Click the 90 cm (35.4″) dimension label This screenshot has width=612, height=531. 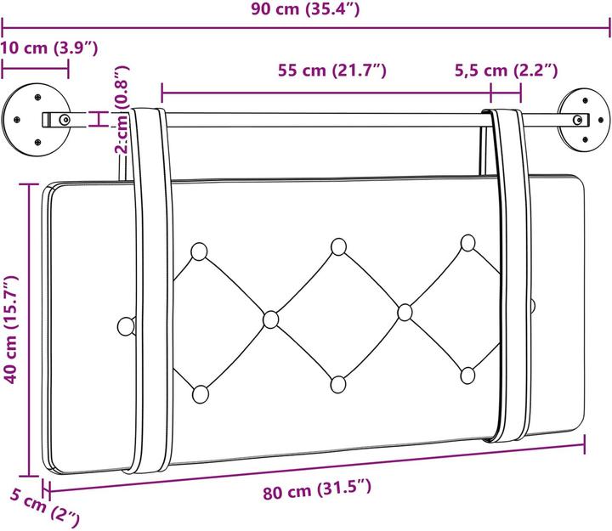pyautogui.click(x=305, y=9)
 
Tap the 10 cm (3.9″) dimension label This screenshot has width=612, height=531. pyautogui.click(x=48, y=48)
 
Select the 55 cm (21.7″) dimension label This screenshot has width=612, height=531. pyautogui.click(x=332, y=71)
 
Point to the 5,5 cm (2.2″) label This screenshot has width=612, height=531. pyautogui.click(x=507, y=71)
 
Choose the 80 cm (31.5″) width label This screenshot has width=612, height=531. pyautogui.click(x=317, y=489)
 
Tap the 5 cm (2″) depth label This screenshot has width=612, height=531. pyautogui.click(x=44, y=508)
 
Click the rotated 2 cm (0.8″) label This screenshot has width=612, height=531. pyautogui.click(x=122, y=110)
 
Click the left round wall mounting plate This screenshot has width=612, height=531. pyautogui.click(x=36, y=120)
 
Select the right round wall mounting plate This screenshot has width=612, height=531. pyautogui.click(x=583, y=120)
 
